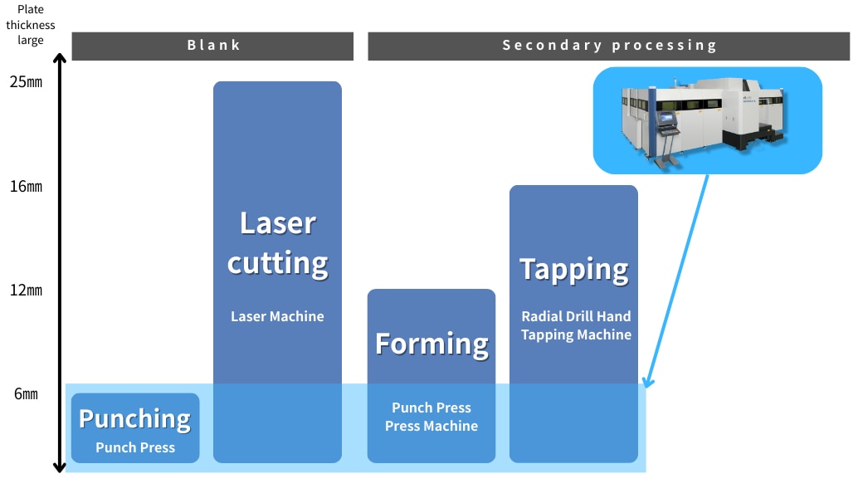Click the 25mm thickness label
click(x=26, y=82)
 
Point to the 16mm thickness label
click(x=26, y=187)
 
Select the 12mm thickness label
click(x=26, y=290)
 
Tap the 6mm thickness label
click(x=26, y=394)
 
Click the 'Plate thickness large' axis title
click(x=30, y=25)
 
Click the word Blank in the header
click(x=213, y=45)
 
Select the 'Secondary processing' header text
click(x=609, y=45)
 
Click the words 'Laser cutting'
click(x=278, y=243)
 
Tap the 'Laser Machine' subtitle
click(x=277, y=316)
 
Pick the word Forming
click(x=431, y=344)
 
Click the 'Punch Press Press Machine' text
click(x=431, y=417)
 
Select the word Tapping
click(x=574, y=271)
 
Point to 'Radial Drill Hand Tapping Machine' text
click(x=576, y=325)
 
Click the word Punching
click(x=134, y=419)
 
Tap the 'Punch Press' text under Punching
click(x=135, y=448)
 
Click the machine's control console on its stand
click(x=668, y=122)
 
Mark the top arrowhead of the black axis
click(x=60, y=58)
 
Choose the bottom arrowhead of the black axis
click(x=60, y=468)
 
